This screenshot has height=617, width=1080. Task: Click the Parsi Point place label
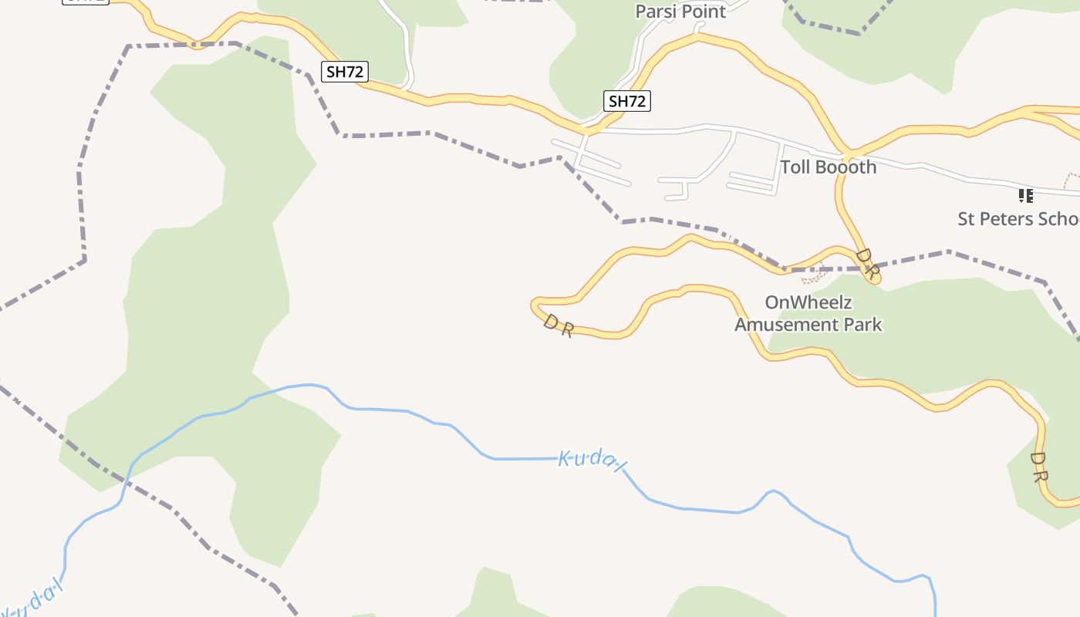[x=680, y=12]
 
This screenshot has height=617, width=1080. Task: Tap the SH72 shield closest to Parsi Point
[x=626, y=101]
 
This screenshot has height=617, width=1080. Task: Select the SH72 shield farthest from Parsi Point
[x=85, y=1]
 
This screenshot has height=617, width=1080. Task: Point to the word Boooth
[x=847, y=167]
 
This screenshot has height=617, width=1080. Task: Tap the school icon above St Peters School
[x=1025, y=195]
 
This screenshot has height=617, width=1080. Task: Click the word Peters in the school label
[x=1007, y=219]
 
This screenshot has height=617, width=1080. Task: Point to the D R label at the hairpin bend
[x=558, y=325]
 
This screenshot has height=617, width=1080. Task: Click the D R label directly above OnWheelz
[x=867, y=263]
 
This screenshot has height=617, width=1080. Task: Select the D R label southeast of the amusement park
[x=1038, y=467]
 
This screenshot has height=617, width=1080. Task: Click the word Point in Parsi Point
[x=702, y=12]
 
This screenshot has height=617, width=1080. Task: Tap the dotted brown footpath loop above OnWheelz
[x=814, y=275]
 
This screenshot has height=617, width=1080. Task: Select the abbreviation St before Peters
[x=967, y=219]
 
